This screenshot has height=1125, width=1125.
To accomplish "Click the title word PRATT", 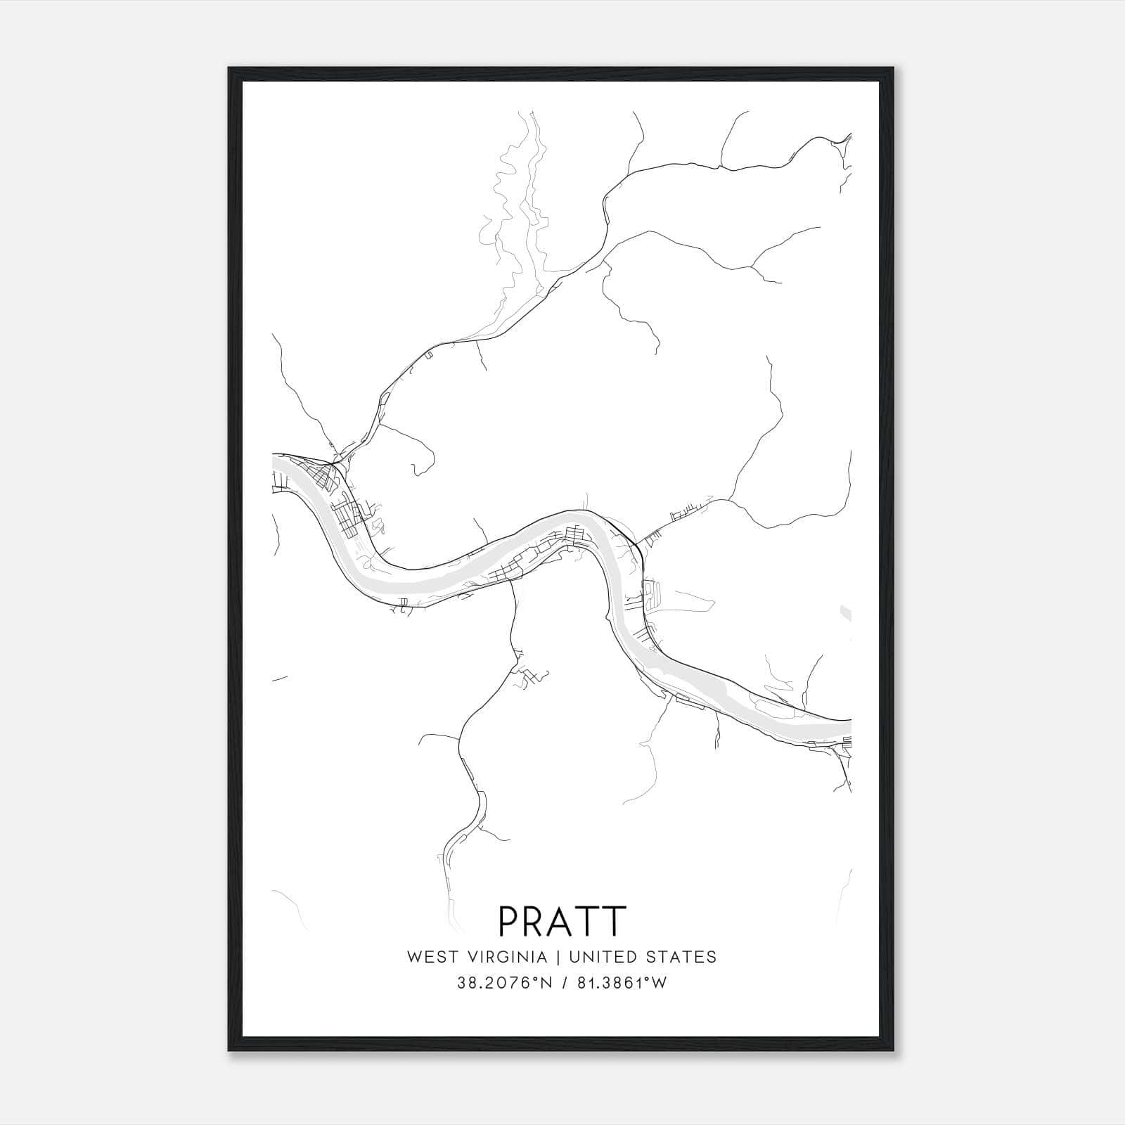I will click(562, 920).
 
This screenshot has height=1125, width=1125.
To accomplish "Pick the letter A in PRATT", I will click(561, 920).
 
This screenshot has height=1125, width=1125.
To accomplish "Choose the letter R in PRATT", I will click(535, 920).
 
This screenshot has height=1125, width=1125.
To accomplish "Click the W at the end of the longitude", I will click(658, 983).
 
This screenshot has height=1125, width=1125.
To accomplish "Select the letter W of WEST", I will click(413, 957).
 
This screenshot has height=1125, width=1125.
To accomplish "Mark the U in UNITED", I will click(574, 957).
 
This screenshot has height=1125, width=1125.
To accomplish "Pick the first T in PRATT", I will click(588, 920).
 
